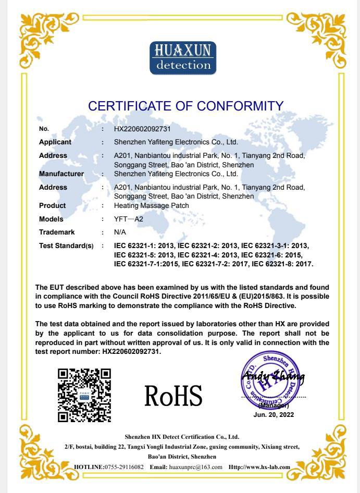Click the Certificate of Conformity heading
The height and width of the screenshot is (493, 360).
click(186, 106)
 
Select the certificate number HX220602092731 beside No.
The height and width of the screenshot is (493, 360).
click(142, 128)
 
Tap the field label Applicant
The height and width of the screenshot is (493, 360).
click(55, 142)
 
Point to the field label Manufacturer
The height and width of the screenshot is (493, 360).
click(61, 174)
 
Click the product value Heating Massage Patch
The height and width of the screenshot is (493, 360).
click(151, 206)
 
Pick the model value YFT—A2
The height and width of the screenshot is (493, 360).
click(128, 219)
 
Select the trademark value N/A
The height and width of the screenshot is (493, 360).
click(120, 232)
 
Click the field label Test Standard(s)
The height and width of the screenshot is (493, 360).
click(66, 245)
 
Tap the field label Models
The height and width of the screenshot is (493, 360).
click(51, 219)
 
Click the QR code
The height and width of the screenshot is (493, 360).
click(84, 395)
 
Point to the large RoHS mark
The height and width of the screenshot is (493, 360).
click(174, 396)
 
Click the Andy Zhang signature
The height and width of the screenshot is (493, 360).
click(273, 377)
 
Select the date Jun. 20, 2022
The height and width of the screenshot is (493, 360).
click(274, 415)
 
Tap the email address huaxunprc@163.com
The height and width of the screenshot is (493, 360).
click(196, 467)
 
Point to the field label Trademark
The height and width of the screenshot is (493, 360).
click(57, 232)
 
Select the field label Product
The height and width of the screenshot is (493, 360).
click(52, 206)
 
